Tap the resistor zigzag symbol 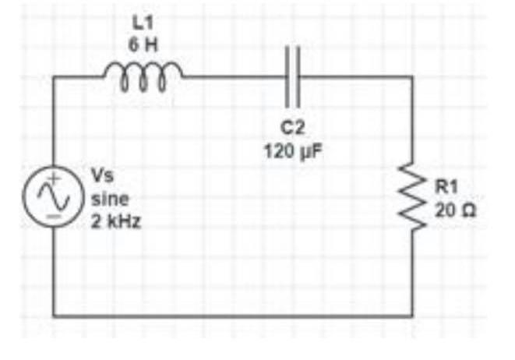(x=412, y=197)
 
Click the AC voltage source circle (x=54, y=196)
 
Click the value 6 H (x=142, y=44)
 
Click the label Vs (x=102, y=173)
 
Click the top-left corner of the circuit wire (x=54, y=76)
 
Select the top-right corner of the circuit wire (x=412, y=76)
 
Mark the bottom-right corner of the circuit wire (x=412, y=316)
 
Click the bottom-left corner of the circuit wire (x=54, y=316)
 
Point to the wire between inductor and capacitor (x=234, y=76)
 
